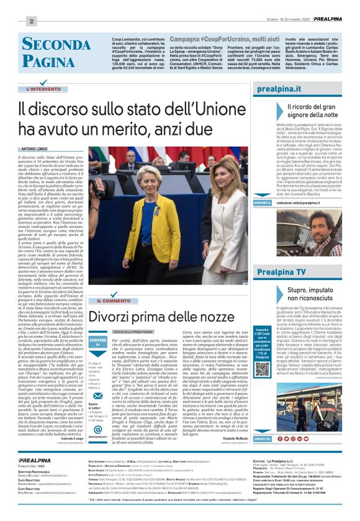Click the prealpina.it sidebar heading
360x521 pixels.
coord(295,91)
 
